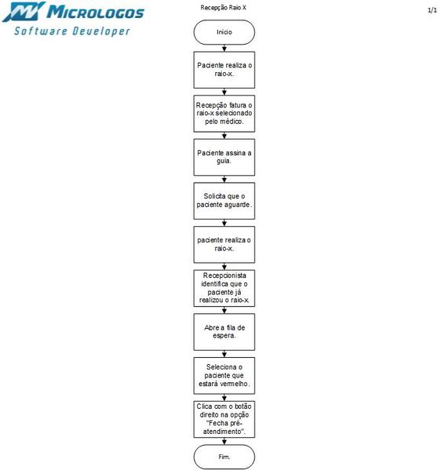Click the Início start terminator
224,31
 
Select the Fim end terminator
224,456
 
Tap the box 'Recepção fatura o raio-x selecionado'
224,113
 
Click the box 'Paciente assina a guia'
224,156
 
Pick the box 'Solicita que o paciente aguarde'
224,200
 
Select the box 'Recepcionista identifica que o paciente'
224,288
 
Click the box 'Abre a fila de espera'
224,331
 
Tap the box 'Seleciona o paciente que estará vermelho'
224,374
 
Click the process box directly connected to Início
224,69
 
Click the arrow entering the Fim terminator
224,440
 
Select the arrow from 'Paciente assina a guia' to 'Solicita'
224,178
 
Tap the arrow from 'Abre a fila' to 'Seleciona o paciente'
224,353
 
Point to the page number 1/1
432,10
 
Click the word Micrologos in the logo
95,13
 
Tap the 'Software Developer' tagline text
72,31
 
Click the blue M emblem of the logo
21,12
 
